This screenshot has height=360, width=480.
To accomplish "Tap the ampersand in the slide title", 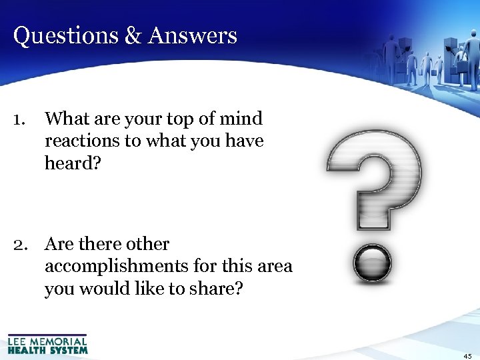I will (x=131, y=35).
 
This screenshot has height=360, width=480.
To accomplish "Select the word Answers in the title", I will (x=193, y=35).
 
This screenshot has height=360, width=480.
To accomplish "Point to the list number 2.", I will (x=20, y=245).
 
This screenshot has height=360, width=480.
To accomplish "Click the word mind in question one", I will (x=243, y=119).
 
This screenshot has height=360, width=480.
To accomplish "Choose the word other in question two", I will (x=148, y=245).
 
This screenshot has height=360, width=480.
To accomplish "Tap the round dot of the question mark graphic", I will (x=373, y=263).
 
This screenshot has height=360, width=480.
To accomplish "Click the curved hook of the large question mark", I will (x=374, y=160).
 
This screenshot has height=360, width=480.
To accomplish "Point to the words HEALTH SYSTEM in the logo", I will (x=47, y=349).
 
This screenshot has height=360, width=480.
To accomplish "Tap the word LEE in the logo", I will (x=18, y=341).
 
